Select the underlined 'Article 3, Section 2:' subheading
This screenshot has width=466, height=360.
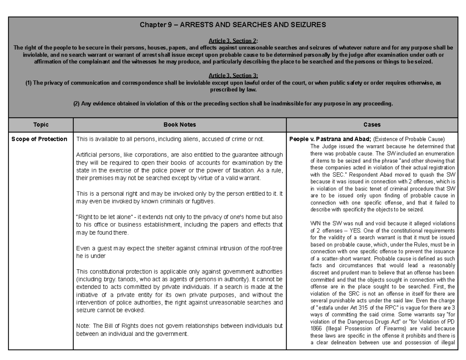233,41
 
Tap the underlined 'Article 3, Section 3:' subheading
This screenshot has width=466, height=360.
233,76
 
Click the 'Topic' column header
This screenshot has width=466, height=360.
41,125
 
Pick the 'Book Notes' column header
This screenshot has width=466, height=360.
179,125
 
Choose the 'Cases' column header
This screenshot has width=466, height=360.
372,125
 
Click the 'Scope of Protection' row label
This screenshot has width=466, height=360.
39,139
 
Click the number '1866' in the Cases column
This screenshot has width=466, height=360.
318,329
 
